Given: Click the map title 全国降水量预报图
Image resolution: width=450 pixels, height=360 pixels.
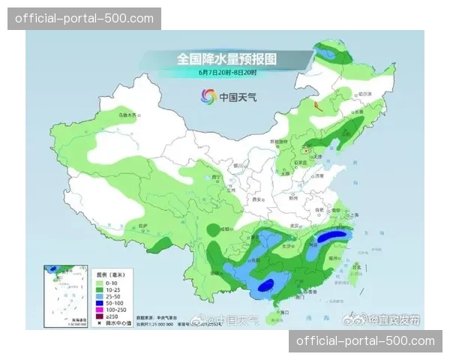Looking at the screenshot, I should [226, 58].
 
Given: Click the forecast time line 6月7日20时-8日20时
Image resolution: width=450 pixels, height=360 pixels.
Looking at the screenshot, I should [227, 72].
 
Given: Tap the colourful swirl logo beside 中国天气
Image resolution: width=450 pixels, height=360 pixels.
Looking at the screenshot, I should [207, 97].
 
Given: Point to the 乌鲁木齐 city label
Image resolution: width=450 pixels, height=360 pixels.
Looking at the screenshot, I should [128, 115].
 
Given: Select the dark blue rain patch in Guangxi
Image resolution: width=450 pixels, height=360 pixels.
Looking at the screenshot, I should [266, 285].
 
